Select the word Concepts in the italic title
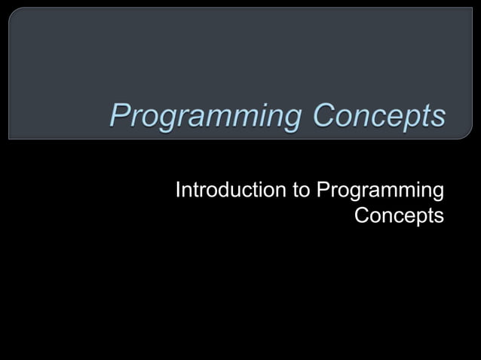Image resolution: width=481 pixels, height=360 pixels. click(x=379, y=117)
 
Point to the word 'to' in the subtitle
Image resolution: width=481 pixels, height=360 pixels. click(x=302, y=191)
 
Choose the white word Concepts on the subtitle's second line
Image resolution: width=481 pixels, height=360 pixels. click(x=399, y=215)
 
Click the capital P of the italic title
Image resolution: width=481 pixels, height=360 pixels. click(x=118, y=117)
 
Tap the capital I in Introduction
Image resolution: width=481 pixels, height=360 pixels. click(x=178, y=191)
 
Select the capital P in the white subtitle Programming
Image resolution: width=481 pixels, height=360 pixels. click(x=323, y=191)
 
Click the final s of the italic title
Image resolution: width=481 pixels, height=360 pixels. click(x=438, y=119)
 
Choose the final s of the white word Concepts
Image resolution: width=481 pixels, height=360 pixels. click(x=438, y=217)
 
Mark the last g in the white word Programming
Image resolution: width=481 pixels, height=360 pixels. click(x=437, y=195)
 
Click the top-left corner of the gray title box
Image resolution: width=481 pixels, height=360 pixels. click(x=9, y=8)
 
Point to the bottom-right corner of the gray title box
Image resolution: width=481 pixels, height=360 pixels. click(x=472, y=139)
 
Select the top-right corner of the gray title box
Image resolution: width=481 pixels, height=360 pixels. click(x=472, y=8)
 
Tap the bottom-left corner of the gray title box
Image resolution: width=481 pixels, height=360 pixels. click(x=9, y=139)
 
